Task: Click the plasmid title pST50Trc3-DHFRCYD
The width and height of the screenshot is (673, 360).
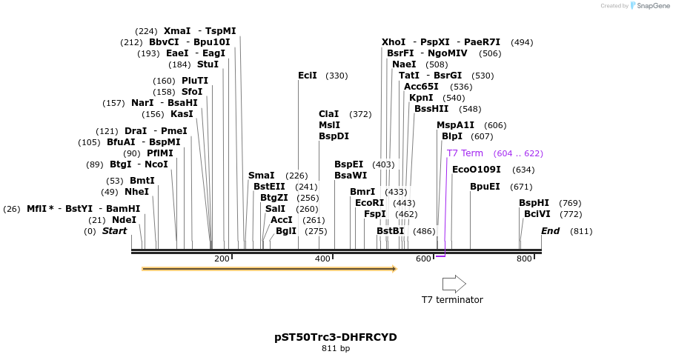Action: coord(336,337)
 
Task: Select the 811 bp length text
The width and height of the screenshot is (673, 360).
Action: coord(336,348)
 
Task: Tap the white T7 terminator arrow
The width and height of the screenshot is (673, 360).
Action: coord(454,284)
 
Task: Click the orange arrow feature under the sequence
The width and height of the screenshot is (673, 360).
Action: coord(269,269)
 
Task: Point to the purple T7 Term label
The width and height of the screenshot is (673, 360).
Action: coord(465,153)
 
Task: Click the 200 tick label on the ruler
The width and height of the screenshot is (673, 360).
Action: coord(222,259)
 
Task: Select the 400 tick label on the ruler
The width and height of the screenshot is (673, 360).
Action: coord(322,259)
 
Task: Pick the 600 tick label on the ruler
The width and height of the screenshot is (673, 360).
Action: coord(423,259)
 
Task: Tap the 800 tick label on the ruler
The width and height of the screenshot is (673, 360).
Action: coord(524,259)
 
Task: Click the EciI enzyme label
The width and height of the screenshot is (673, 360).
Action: coord(308,76)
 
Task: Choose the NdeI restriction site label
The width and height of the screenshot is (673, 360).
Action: coord(124,220)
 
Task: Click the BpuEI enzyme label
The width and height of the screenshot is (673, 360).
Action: coord(485,187)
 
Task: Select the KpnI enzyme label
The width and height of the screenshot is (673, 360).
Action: coord(421,98)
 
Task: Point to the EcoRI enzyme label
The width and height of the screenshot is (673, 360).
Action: coord(369,203)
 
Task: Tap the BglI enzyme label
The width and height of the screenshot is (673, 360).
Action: coord(286,231)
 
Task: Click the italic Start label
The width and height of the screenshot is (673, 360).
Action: coord(114,231)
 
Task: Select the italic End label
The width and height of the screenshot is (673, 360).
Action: coord(550,231)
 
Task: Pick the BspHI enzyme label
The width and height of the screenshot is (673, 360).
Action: coord(534,203)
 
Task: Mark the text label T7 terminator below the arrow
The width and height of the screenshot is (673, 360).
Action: coord(452,300)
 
